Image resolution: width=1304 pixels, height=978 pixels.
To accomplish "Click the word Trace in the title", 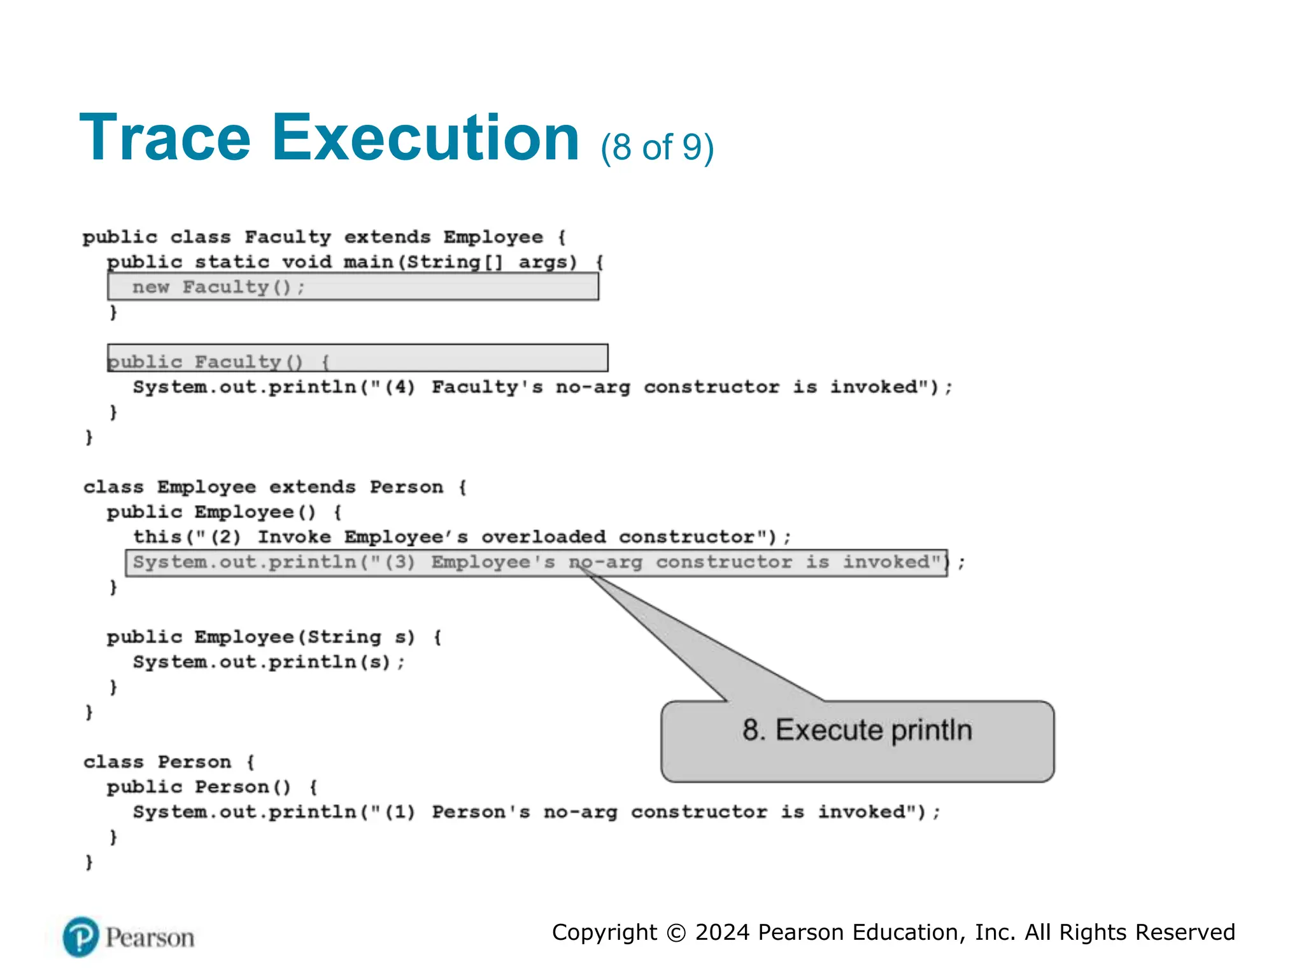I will point(165,138).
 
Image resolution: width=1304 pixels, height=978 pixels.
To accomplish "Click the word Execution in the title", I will point(425,138).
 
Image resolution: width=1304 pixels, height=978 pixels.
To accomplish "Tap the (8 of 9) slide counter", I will point(657,148).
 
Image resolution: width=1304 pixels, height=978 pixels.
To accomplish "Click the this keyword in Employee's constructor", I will point(157,537).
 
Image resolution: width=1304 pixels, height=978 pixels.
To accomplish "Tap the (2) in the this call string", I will point(225,537).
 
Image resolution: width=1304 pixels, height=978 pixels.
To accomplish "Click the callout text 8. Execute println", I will point(857,730).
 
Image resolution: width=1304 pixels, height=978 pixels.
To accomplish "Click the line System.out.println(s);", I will point(268,662).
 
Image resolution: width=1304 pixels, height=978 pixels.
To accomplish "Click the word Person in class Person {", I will point(194,762).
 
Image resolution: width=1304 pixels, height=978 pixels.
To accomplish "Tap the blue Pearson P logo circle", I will point(81,937).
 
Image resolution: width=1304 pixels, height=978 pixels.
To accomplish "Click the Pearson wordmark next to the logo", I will point(150,937).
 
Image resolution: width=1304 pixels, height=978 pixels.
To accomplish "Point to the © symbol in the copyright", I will point(676,933).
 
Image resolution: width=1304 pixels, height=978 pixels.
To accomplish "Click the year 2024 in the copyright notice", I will point(723,932).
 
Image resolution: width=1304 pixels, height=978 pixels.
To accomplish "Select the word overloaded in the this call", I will point(543,537).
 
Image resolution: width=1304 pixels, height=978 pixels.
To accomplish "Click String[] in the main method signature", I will point(455,262).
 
